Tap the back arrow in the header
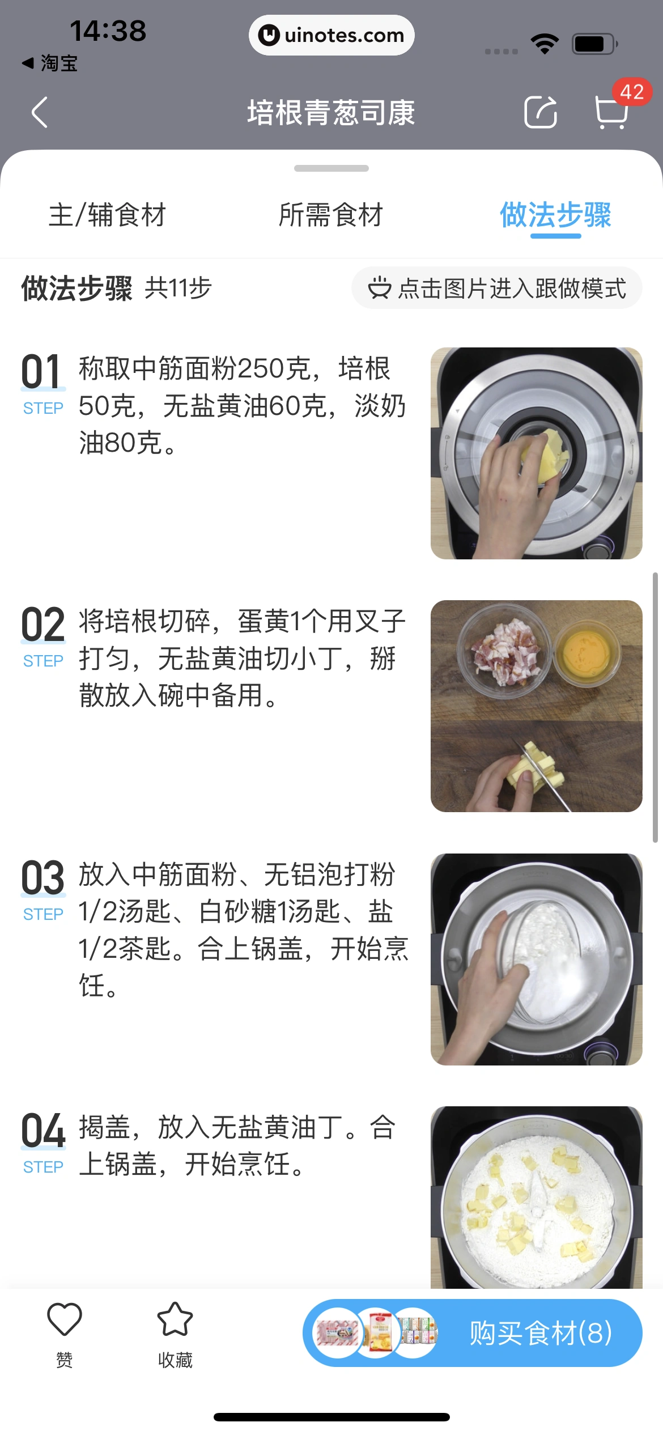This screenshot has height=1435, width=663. (x=40, y=112)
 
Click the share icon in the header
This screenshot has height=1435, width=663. (x=540, y=112)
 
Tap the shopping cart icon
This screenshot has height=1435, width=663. (x=611, y=112)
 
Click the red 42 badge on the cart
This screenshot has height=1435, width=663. (x=632, y=92)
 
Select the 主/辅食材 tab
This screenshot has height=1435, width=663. (x=107, y=215)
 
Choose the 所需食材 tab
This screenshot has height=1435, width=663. (x=331, y=215)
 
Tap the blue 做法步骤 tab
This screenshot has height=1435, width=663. (x=555, y=215)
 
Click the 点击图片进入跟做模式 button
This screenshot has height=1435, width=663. (x=497, y=288)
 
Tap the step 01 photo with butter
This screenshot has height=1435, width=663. (x=536, y=453)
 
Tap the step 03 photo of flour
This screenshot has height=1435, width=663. (x=536, y=959)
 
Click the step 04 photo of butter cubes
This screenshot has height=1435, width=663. (x=536, y=1196)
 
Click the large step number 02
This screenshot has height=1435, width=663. (x=43, y=625)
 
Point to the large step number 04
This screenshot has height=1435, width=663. (x=43, y=1131)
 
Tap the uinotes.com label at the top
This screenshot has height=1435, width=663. (x=331, y=35)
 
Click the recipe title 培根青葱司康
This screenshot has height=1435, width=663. (x=331, y=112)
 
